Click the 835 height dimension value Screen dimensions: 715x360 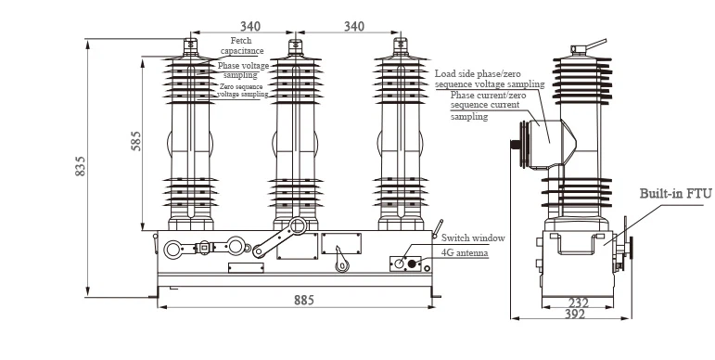point(81,166)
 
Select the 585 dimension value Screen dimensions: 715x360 point(136,141)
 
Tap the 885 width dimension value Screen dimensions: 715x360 point(303,301)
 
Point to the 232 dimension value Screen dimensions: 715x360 point(579,302)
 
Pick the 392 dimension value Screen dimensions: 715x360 point(575,314)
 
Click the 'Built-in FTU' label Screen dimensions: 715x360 point(675,194)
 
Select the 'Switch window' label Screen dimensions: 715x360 point(473,238)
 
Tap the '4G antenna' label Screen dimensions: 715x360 point(465,252)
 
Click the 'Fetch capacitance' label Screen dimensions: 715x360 point(242,45)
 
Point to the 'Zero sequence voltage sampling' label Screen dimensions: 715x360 point(242,90)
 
